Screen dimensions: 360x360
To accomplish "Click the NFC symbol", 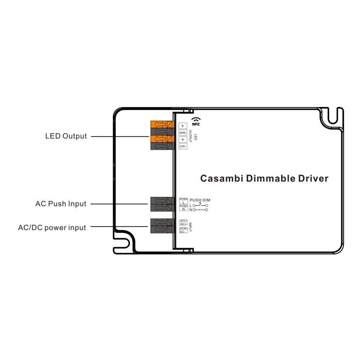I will [196, 121].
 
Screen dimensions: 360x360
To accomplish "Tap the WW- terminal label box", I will [183, 132].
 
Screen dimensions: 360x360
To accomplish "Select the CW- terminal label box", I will [183, 146].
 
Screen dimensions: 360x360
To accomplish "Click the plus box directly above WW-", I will [183, 126].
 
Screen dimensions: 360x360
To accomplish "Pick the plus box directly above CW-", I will [183, 139].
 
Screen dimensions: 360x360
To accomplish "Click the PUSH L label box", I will [184, 201].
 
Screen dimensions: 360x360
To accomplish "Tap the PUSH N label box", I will [184, 207].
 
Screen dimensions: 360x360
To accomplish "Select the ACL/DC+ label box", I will [183, 222].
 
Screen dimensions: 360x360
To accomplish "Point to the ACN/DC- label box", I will [183, 230].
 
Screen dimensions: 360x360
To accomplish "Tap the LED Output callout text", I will [66, 136].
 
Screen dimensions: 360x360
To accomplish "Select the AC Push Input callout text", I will [61, 204].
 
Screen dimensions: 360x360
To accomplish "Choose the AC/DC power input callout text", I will [52, 228].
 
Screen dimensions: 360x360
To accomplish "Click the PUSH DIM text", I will [200, 200].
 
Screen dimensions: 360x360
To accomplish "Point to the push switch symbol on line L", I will [200, 205].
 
